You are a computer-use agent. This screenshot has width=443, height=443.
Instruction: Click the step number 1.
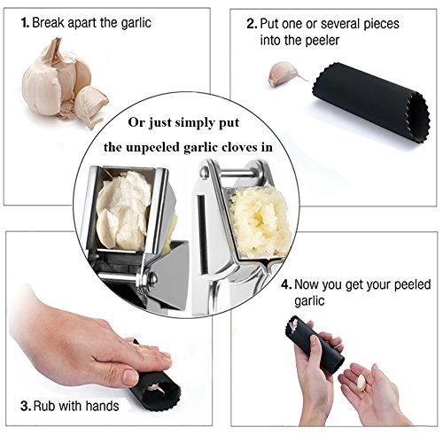pos(25,23)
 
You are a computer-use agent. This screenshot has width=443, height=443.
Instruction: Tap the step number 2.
pos(252,24)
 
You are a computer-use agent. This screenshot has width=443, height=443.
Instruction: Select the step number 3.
pos(26,406)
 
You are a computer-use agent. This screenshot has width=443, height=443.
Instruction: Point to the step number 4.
pos(286,284)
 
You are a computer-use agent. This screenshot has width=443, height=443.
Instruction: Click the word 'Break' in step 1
pos(48,23)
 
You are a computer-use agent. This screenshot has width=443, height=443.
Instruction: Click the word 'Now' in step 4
pos(307,284)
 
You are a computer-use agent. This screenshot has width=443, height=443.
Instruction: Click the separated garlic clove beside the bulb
pos(90,104)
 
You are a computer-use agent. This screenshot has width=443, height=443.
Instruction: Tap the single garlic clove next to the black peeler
pos(285,74)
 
